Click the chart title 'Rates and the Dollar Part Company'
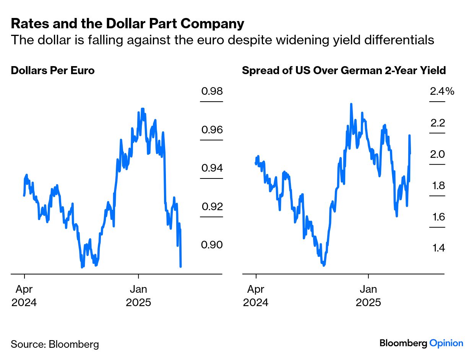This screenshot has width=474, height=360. pyautogui.click(x=127, y=24)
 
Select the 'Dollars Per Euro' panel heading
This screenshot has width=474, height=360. pyautogui.click(x=52, y=71)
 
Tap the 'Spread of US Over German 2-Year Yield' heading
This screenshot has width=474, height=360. pyautogui.click(x=344, y=71)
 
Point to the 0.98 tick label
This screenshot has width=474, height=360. pyautogui.click(x=212, y=91)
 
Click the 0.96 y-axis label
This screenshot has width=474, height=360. pyautogui.click(x=212, y=130)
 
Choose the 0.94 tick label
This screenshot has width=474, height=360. pyautogui.click(x=212, y=168)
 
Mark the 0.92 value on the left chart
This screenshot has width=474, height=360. pyautogui.click(x=212, y=206)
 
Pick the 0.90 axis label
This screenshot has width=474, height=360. pyautogui.click(x=212, y=245)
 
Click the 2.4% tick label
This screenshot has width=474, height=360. pyautogui.click(x=442, y=91)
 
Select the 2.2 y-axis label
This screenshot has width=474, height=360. pyautogui.click(x=438, y=123)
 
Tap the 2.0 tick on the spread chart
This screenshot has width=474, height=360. pyautogui.click(x=438, y=154)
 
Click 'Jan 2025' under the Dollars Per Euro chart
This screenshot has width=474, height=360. pyautogui.click(x=138, y=295)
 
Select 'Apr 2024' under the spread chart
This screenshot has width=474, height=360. pyautogui.click(x=255, y=295)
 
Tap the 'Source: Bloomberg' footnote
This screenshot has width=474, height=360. pyautogui.click(x=55, y=344)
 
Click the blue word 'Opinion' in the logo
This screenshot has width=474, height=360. pyautogui.click(x=446, y=343)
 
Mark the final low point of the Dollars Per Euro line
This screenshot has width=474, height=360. pyautogui.click(x=180, y=266)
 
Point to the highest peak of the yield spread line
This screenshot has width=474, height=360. pyautogui.click(x=351, y=104)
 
